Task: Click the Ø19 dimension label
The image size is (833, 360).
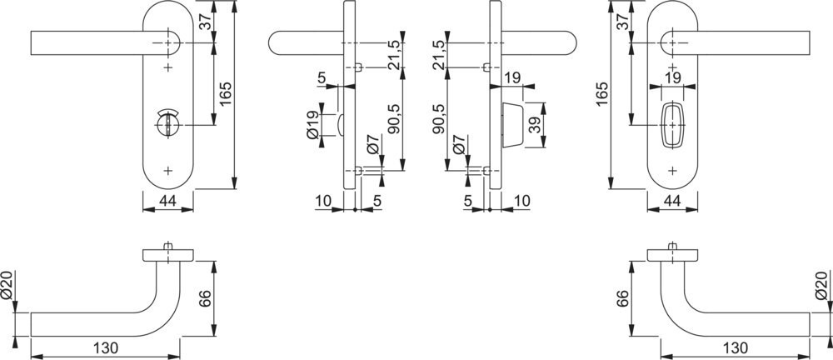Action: point(313,124)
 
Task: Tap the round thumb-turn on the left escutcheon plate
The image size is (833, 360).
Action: point(168,124)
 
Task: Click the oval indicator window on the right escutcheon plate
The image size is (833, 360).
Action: point(672,124)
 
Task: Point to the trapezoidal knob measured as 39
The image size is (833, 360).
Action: point(512,124)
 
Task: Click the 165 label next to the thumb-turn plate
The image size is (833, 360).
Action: point(227,93)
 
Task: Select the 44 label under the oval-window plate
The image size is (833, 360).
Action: point(672,201)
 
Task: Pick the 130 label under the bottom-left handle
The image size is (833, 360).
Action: point(106,348)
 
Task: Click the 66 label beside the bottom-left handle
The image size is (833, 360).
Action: point(206,298)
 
